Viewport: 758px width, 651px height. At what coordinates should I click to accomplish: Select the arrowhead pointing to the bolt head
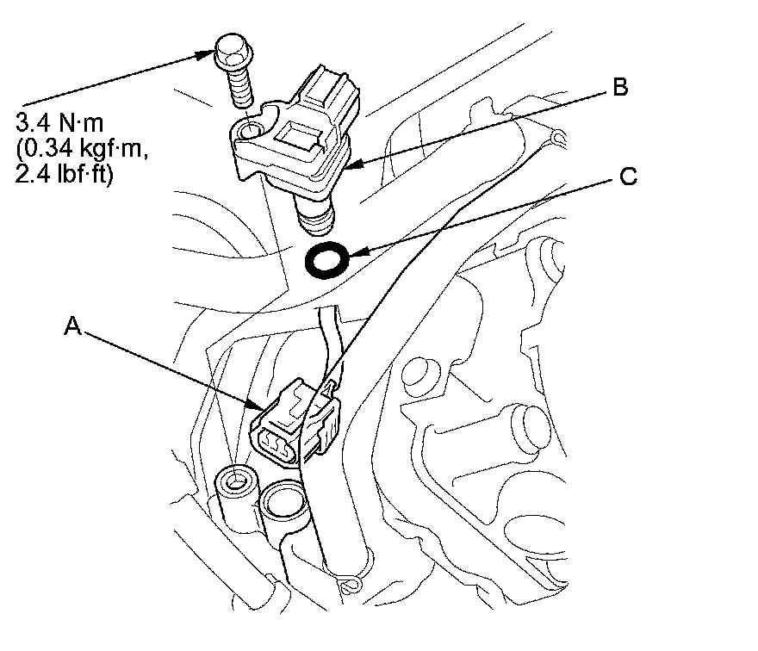[207, 53]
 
